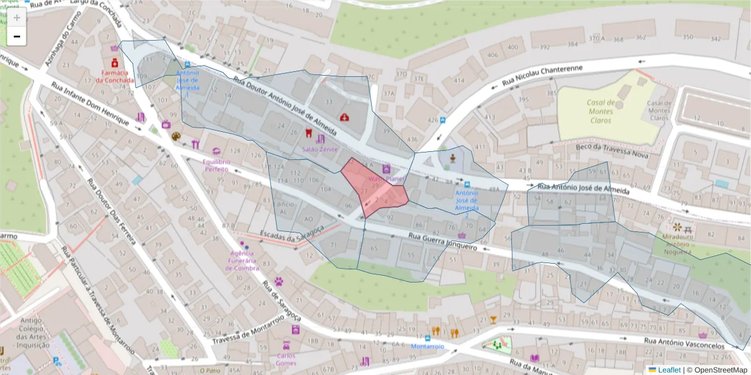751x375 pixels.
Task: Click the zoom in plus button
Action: click(16, 17)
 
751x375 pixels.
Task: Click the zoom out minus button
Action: click(16, 37)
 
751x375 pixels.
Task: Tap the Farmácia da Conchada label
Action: click(115, 76)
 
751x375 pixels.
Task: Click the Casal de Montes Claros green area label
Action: click(599, 111)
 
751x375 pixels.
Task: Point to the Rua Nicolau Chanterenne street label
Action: click(543, 76)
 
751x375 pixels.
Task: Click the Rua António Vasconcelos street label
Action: click(684, 342)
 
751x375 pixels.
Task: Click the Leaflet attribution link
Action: click(669, 369)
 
